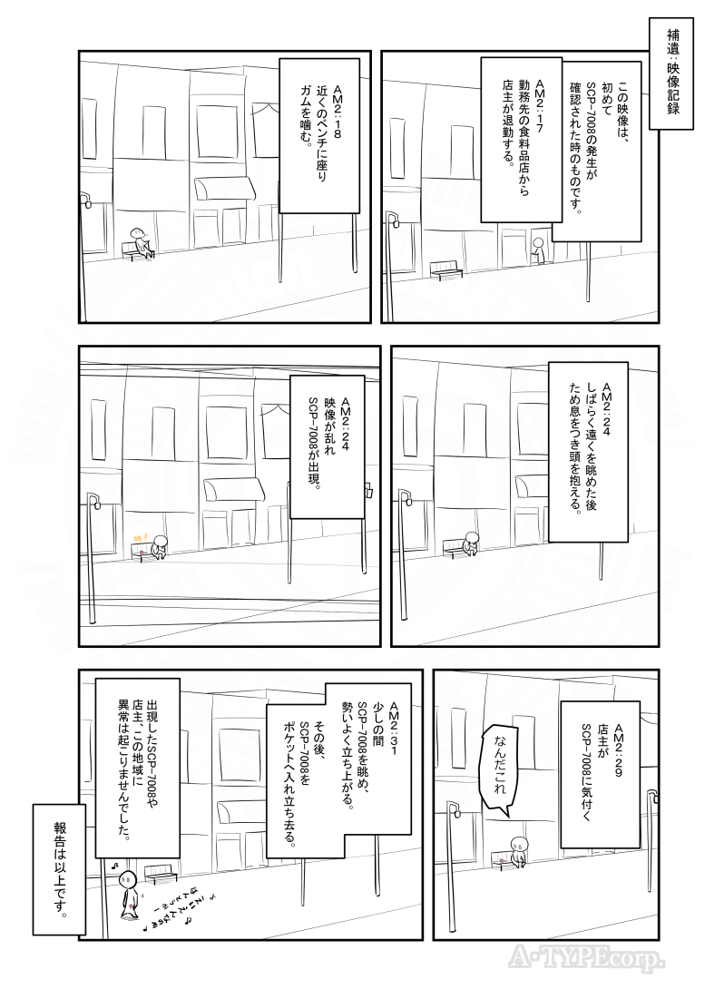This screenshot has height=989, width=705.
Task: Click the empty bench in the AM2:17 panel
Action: click(x=446, y=270)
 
